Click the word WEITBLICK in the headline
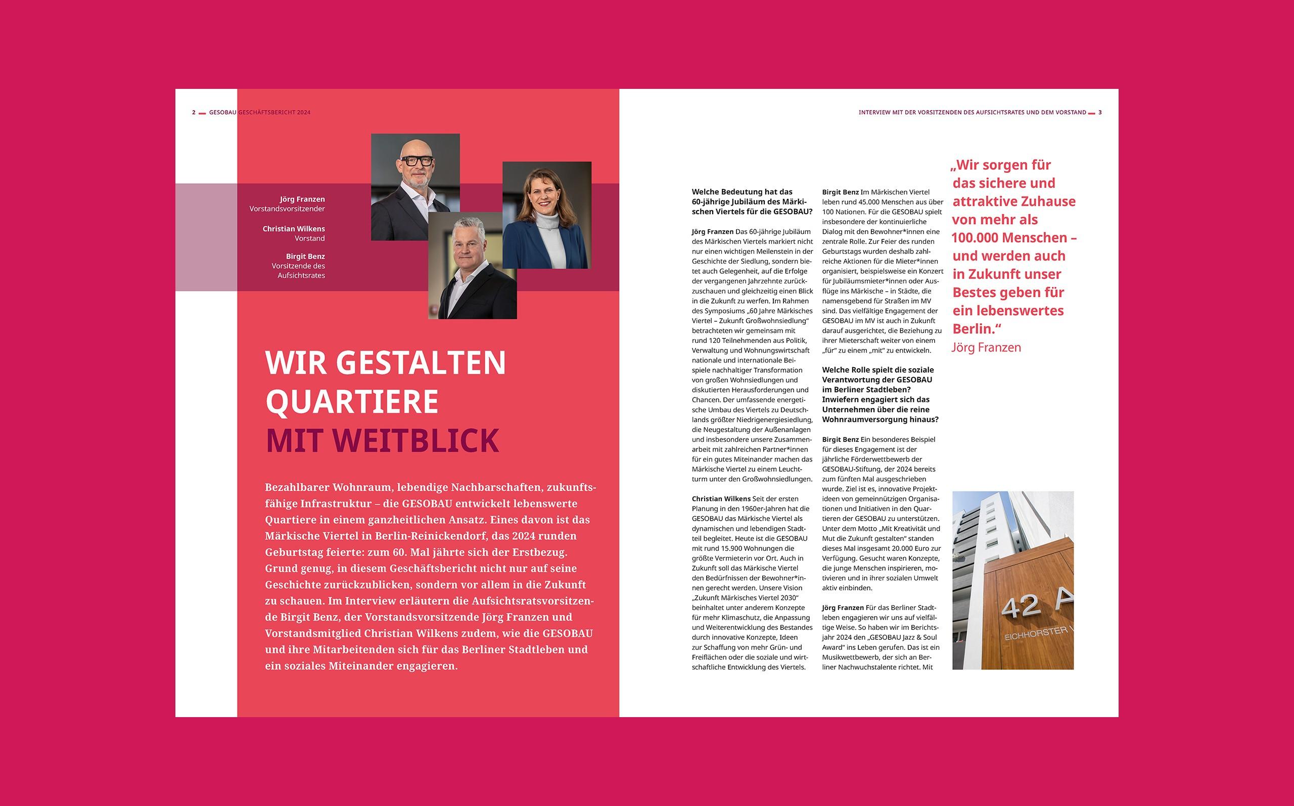pos(418,441)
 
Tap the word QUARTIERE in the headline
pos(352,402)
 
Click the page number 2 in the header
pos(194,113)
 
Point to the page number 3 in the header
pos(1100,113)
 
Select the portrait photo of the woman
pos(547,214)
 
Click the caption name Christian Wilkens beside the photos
pos(293,229)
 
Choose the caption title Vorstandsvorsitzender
pos(287,209)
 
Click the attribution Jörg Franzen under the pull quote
pos(986,347)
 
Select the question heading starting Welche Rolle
pos(880,394)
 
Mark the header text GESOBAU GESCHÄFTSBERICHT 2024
pos(260,113)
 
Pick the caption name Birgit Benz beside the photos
pos(305,257)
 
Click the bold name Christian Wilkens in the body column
pos(721,499)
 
